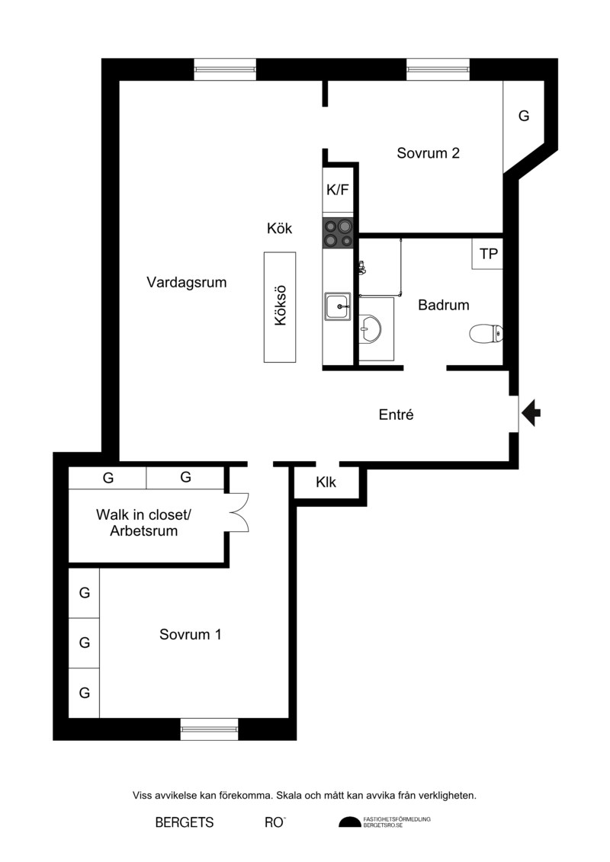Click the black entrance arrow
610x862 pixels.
(x=531, y=413)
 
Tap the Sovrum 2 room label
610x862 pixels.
(x=428, y=153)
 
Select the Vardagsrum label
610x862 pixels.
(x=187, y=283)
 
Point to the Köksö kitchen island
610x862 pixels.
(x=280, y=306)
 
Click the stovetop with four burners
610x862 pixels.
(x=338, y=232)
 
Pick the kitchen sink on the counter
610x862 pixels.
(x=338, y=306)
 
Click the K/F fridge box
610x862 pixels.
(x=338, y=190)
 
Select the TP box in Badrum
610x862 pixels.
(x=487, y=254)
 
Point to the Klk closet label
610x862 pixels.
(x=326, y=482)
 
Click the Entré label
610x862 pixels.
(x=396, y=415)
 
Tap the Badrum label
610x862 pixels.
(x=443, y=305)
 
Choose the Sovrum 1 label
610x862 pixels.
(x=191, y=634)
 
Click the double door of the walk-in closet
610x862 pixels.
(x=239, y=512)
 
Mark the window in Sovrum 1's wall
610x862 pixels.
(x=210, y=729)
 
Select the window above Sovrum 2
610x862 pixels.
(x=438, y=69)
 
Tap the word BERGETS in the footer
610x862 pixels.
(x=185, y=822)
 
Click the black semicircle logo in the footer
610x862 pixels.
(x=349, y=822)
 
